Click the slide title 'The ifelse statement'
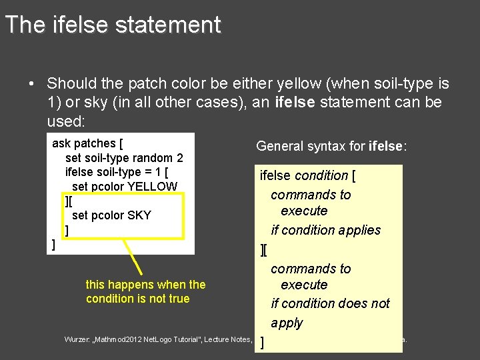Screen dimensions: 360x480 point(112,25)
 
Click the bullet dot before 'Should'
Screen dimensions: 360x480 point(31,85)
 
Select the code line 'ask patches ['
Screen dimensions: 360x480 point(87,143)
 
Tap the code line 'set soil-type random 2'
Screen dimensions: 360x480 point(124,158)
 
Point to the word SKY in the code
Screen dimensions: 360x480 point(139,215)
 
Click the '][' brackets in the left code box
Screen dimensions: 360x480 point(69,201)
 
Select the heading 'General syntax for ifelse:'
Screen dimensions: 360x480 point(331,146)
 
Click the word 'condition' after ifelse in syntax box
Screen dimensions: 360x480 point(321,176)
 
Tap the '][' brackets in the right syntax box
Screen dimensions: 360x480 point(264,250)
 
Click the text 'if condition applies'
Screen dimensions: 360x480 point(326,230)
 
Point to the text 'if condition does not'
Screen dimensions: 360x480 point(330,304)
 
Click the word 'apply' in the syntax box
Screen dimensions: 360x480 point(287,323)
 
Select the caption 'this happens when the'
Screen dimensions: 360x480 point(145,285)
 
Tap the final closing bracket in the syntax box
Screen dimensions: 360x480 point(263,343)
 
